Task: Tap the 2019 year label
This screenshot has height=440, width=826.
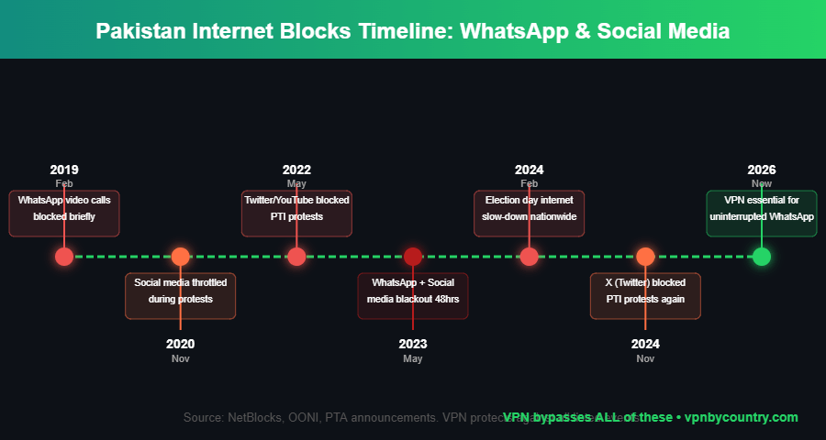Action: coord(64,170)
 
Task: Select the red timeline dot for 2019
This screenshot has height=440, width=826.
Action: coord(64,257)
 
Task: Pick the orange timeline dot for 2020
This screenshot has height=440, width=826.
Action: coord(181,257)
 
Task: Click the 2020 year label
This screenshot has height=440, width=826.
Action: coord(181,344)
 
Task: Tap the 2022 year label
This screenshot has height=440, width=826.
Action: coord(296,170)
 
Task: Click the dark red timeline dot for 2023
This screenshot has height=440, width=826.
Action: coord(413,257)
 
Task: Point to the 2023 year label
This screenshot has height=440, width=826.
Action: coord(413,344)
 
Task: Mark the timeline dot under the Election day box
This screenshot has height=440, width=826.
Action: coord(530,257)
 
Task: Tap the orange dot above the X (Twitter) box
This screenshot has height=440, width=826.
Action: coord(645,257)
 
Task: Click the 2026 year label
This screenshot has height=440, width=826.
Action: coord(762,170)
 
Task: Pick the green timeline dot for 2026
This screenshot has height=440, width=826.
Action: coord(762,257)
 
